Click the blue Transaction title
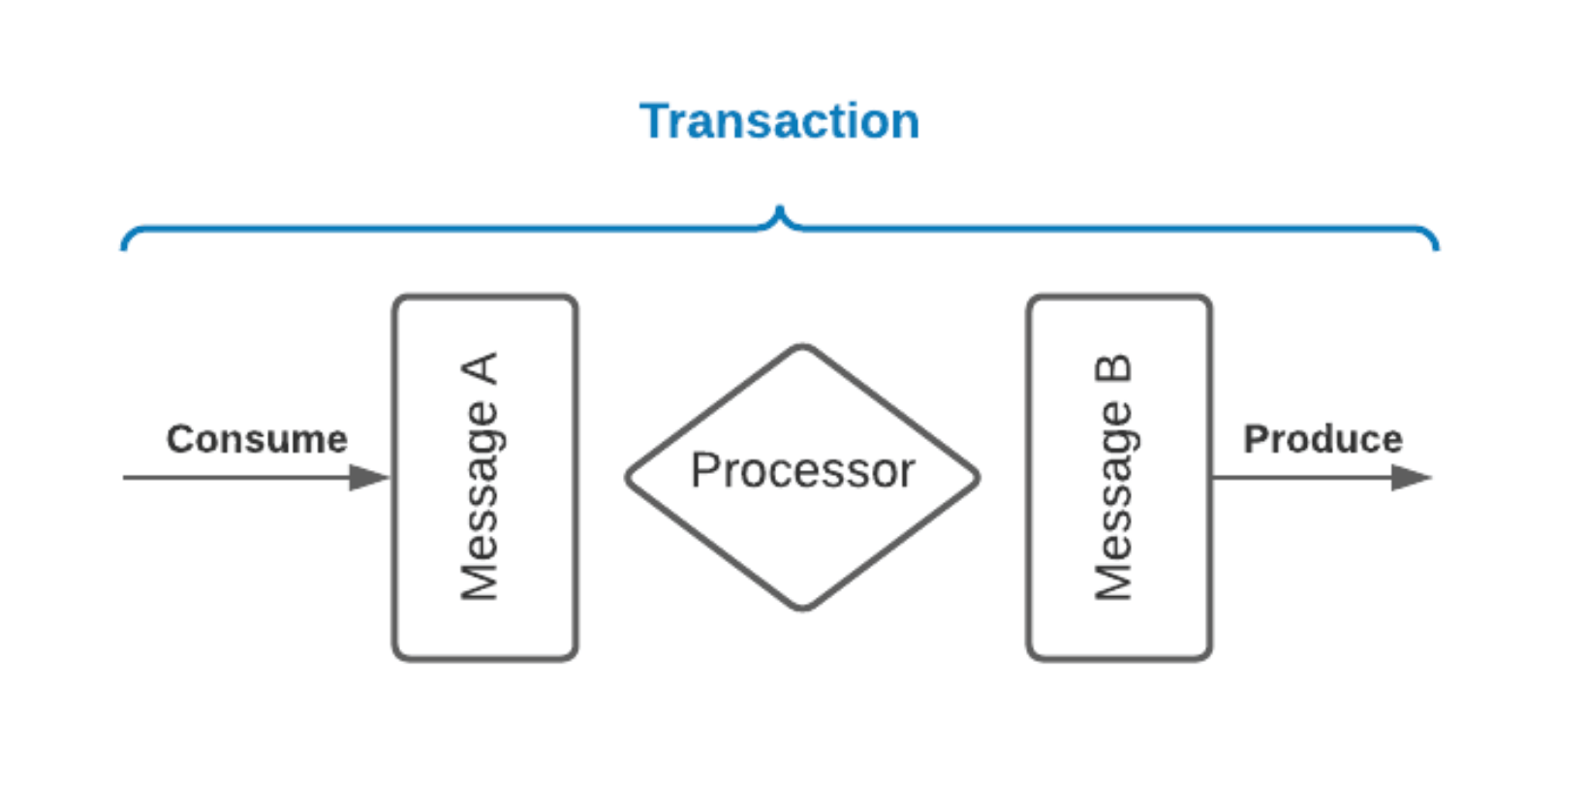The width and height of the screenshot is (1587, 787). coord(779,122)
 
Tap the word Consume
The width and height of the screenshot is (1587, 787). coord(257,439)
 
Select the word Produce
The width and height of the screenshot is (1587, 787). coord(1322,439)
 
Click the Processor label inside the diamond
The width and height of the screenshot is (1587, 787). coord(802,471)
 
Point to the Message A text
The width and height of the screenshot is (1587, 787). coord(480,477)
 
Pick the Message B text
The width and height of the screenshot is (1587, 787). coord(1113,477)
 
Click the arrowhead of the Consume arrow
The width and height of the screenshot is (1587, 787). coord(369,477)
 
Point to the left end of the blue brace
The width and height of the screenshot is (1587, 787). coord(124,246)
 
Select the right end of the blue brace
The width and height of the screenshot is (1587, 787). coord(1436,246)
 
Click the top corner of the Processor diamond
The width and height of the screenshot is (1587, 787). coord(802,347)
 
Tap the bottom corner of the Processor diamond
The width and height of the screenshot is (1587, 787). coord(802,608)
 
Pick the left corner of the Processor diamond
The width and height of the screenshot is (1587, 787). coord(629,477)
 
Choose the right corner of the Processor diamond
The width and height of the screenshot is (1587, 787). coord(977,477)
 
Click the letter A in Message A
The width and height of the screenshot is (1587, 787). coord(480,369)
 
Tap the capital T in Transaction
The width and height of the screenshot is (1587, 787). coord(655,122)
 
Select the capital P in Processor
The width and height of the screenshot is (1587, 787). coord(704,471)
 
